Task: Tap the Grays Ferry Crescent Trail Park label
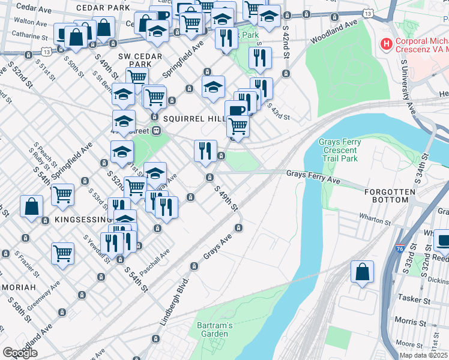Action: [340, 151]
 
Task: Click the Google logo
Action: [20, 353]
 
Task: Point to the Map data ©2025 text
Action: [423, 355]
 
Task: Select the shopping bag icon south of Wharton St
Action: [363, 272]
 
